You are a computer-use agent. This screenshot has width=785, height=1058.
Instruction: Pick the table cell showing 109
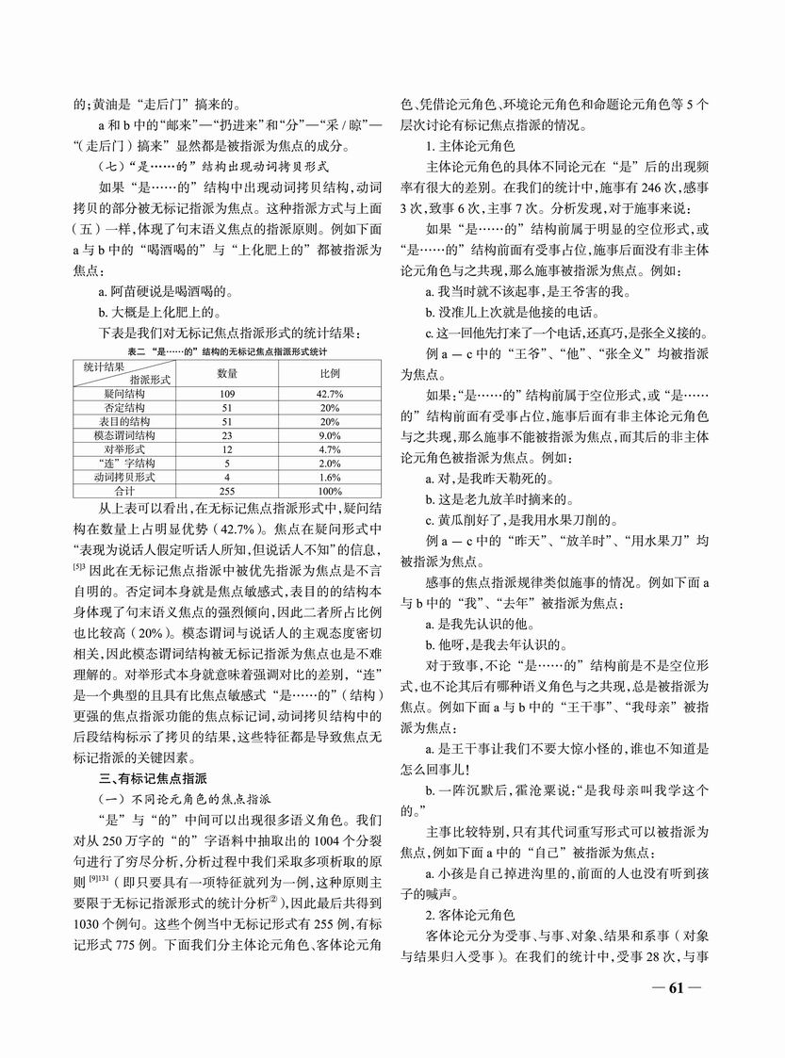[226, 393]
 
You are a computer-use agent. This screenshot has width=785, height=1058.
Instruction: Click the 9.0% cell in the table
[329, 435]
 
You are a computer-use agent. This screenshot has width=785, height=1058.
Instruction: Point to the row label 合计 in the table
[124, 491]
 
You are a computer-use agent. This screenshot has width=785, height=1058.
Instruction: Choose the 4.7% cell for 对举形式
[329, 449]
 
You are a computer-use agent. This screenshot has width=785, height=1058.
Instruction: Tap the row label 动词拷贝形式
[124, 477]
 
